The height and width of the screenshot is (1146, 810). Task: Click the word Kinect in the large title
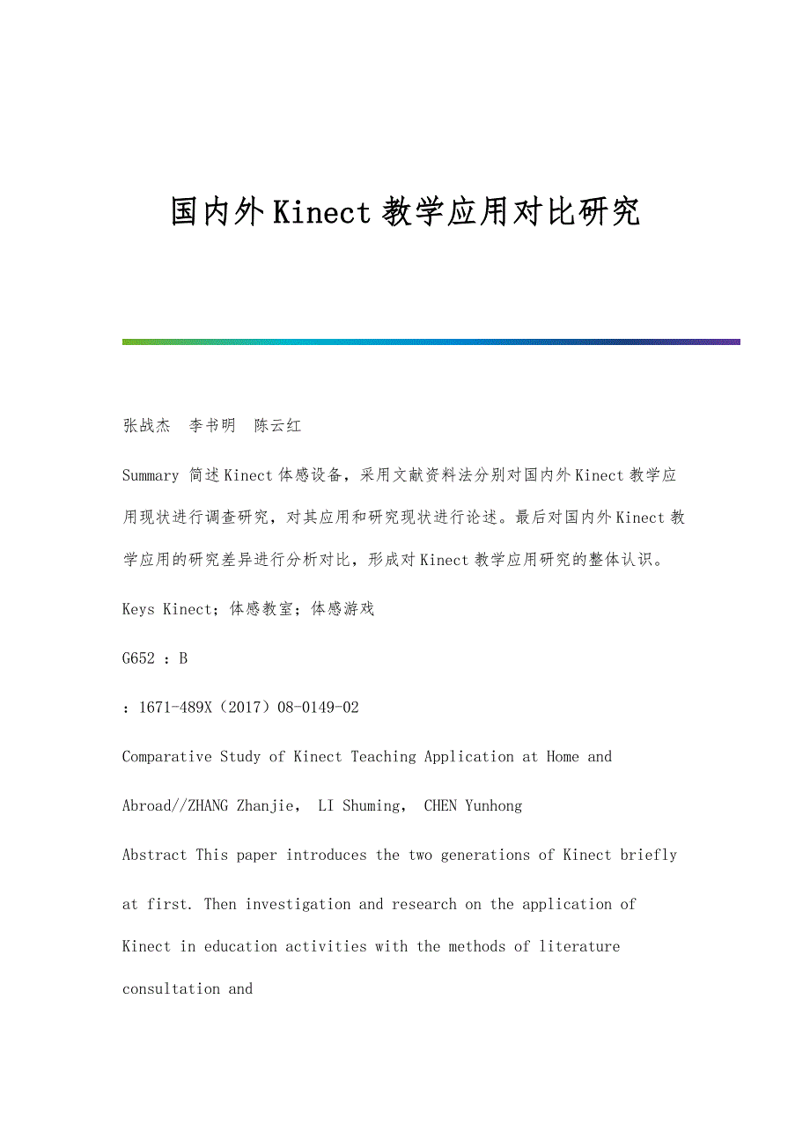[322, 213]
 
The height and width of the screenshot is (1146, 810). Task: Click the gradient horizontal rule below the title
[431, 342]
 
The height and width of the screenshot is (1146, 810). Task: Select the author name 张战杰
[146, 426]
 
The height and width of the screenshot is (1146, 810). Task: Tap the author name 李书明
[212, 426]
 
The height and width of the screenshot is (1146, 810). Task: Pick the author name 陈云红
[277, 426]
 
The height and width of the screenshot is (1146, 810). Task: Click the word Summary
[151, 476]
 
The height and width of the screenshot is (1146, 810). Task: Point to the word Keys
[138, 609]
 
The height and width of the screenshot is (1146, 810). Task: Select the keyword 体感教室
[261, 609]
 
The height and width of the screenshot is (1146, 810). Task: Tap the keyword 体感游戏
[342, 609]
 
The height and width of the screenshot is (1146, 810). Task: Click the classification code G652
[139, 658]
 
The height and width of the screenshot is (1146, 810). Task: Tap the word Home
[563, 757]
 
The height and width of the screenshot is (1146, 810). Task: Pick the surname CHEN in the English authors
[440, 806]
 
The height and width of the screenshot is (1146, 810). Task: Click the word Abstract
[154, 856]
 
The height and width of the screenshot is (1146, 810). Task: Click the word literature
[579, 947]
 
